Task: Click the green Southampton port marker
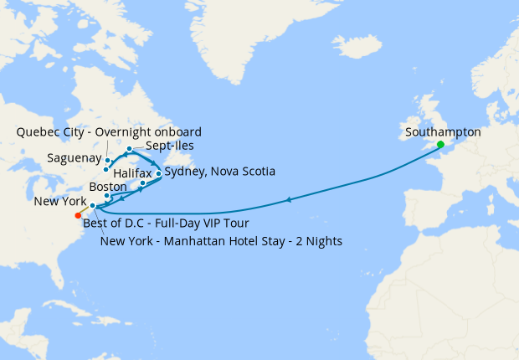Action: coord(440,144)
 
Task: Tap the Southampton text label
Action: coord(443,132)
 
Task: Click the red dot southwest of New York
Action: coord(78,214)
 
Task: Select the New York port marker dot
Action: coord(93,206)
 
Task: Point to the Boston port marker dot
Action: coord(107,196)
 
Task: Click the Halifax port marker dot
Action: coord(143,183)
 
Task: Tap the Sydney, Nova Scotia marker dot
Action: coord(158,174)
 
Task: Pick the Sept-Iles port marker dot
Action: coord(129,150)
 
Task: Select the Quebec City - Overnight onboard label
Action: coord(109,132)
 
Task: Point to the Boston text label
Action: coord(107,186)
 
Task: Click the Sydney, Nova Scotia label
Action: coord(220,172)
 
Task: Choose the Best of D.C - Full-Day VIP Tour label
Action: coord(166,224)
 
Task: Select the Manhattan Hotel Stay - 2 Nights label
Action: coord(220,242)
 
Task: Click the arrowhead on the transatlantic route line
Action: coord(288,199)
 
